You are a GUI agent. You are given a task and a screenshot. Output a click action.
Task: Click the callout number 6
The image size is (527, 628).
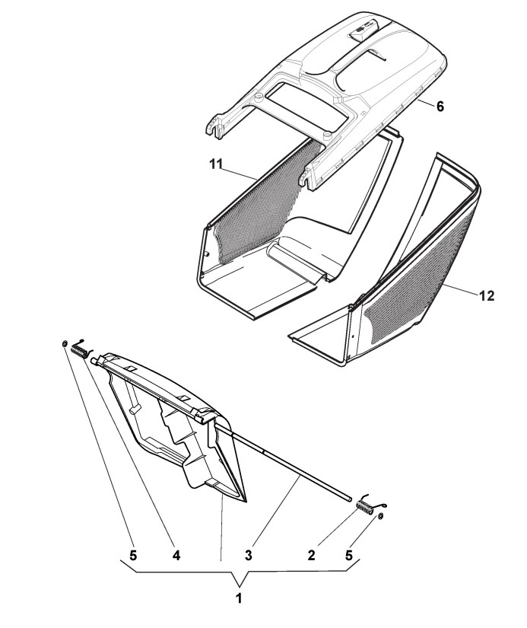(439, 107)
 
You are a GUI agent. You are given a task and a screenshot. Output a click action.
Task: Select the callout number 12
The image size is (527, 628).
(487, 297)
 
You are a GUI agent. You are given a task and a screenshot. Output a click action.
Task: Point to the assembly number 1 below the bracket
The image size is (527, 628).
(239, 598)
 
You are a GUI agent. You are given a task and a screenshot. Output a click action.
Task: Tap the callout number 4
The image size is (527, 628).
(176, 556)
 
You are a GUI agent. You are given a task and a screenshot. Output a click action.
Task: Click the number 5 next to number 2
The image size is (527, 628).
(350, 556)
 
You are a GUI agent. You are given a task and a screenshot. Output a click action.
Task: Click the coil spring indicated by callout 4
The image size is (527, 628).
(80, 351)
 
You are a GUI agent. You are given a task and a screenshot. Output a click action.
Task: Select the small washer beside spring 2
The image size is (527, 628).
(379, 517)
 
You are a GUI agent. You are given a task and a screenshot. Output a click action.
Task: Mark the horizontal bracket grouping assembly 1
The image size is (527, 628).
(239, 569)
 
